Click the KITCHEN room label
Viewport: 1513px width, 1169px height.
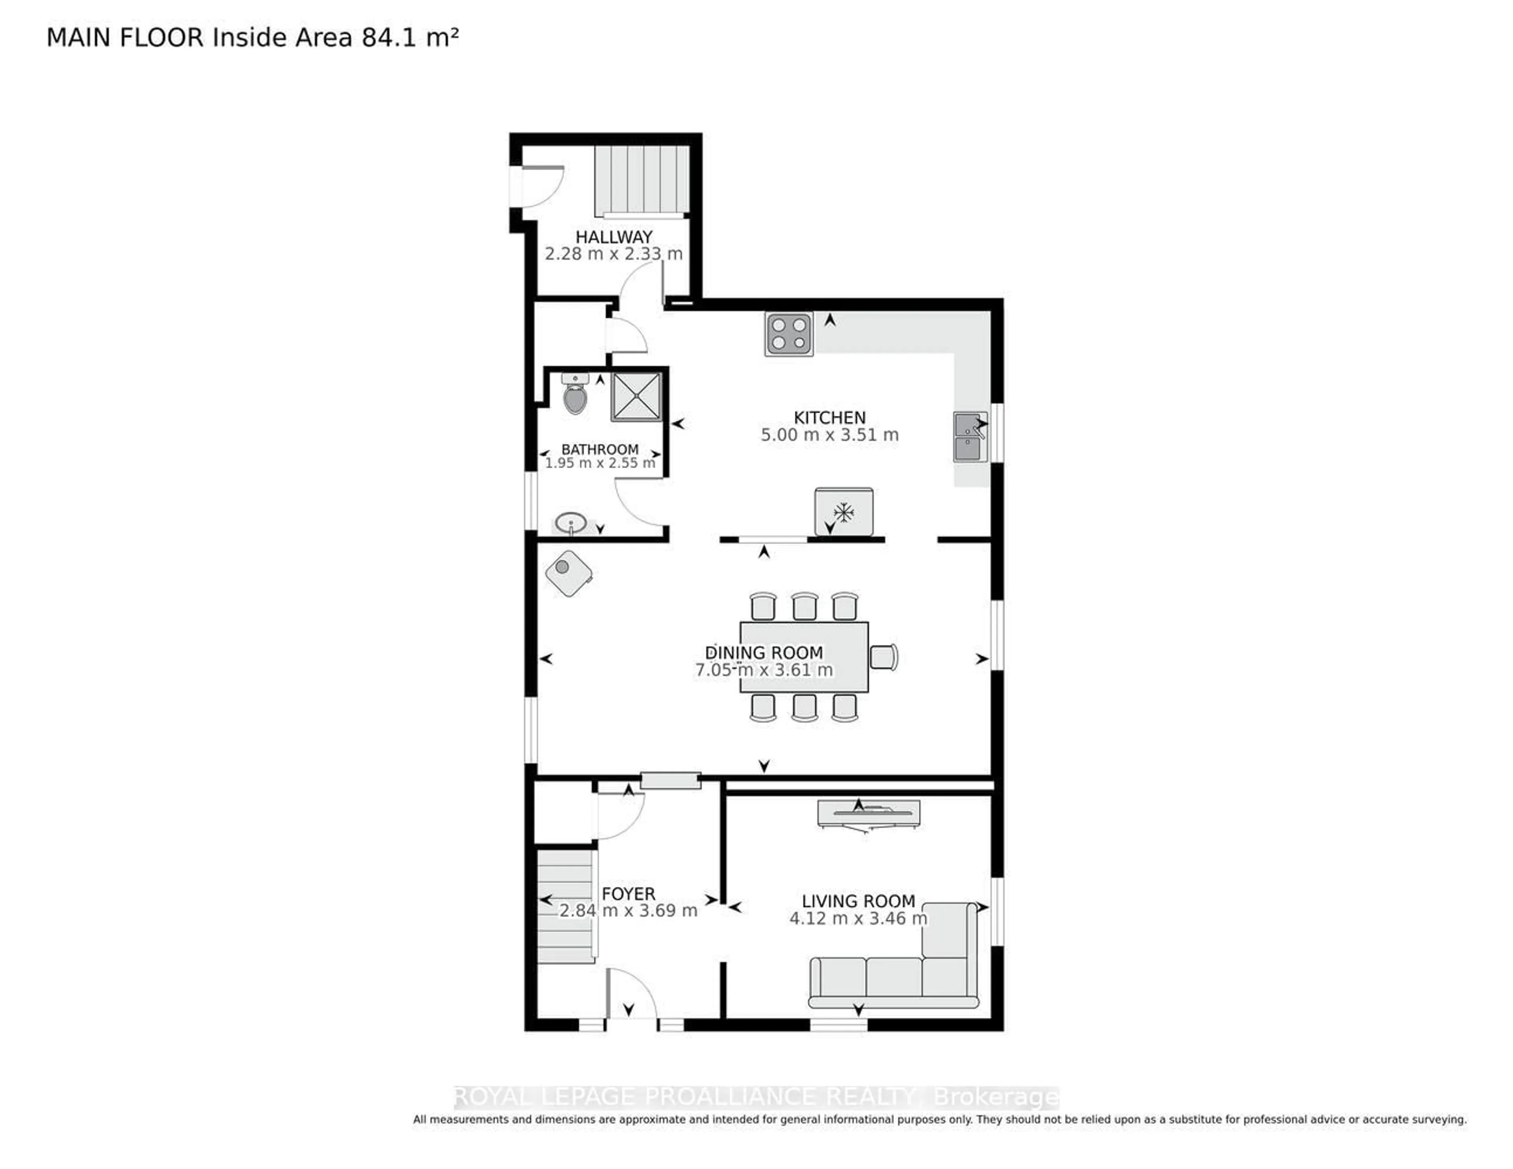829,417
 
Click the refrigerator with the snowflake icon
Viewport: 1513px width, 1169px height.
843,512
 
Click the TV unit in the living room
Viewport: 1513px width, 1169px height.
869,814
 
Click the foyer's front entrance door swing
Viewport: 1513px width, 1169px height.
630,994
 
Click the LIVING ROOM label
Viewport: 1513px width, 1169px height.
858,901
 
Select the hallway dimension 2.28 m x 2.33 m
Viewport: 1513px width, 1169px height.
613,254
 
